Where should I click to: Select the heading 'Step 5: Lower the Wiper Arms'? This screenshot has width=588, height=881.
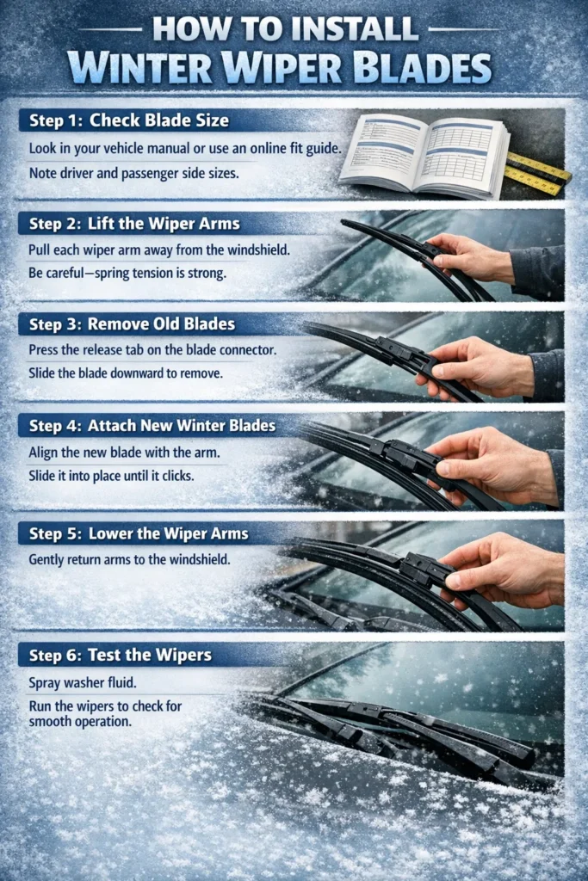[139, 533]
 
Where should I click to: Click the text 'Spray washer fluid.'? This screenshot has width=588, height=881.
[78, 683]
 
